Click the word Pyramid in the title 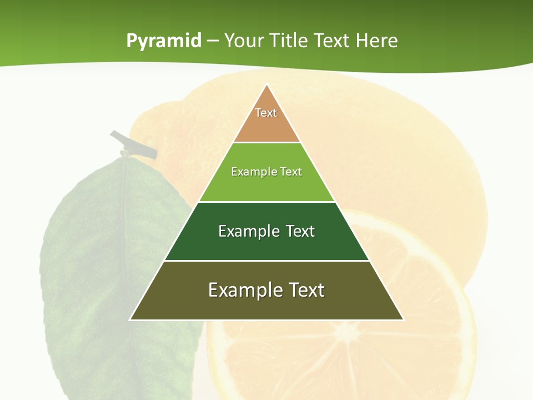point(164,41)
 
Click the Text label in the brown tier point(266,113)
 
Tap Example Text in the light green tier point(266,172)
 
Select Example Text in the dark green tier point(266,231)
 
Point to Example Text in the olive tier point(266,290)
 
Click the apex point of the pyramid point(267,84)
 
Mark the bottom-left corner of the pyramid point(130,319)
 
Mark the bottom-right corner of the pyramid point(403,319)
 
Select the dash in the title point(213,41)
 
